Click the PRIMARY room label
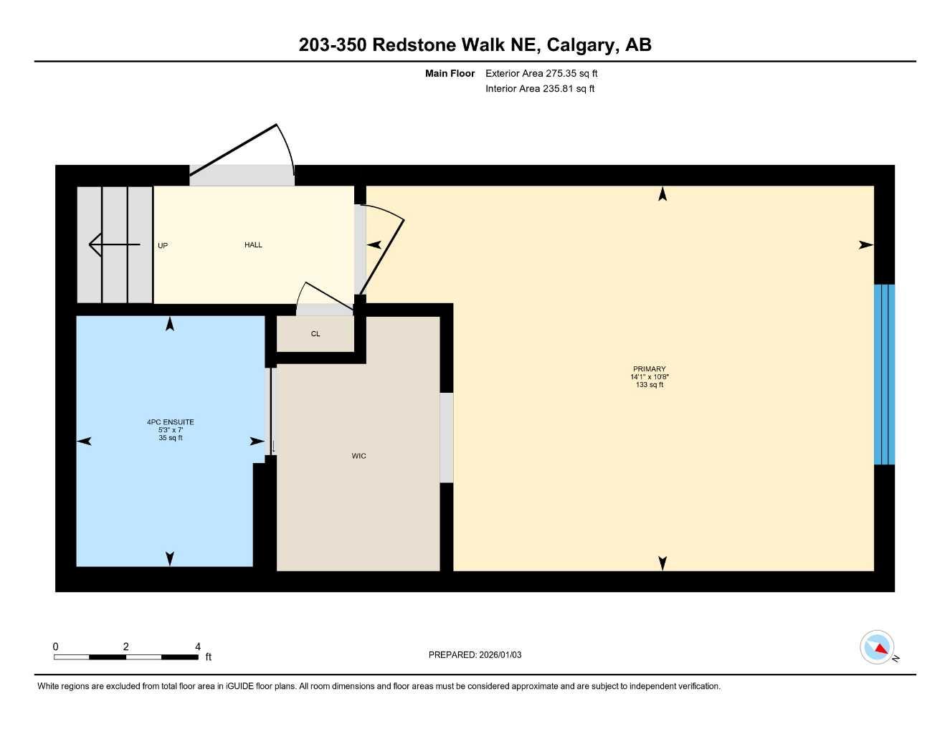(649, 369)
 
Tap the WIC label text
(358, 456)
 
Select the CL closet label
(315, 334)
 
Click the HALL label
(253, 245)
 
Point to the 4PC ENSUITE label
(171, 422)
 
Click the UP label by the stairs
(163, 246)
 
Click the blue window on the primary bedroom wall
(884, 374)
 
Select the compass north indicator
(878, 647)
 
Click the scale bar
(125, 657)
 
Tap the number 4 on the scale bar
(198, 647)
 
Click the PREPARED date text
(475, 654)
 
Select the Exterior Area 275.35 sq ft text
(541, 73)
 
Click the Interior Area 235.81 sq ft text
(540, 89)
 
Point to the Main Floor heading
(450, 73)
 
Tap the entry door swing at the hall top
(244, 151)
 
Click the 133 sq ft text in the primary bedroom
(649, 385)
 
